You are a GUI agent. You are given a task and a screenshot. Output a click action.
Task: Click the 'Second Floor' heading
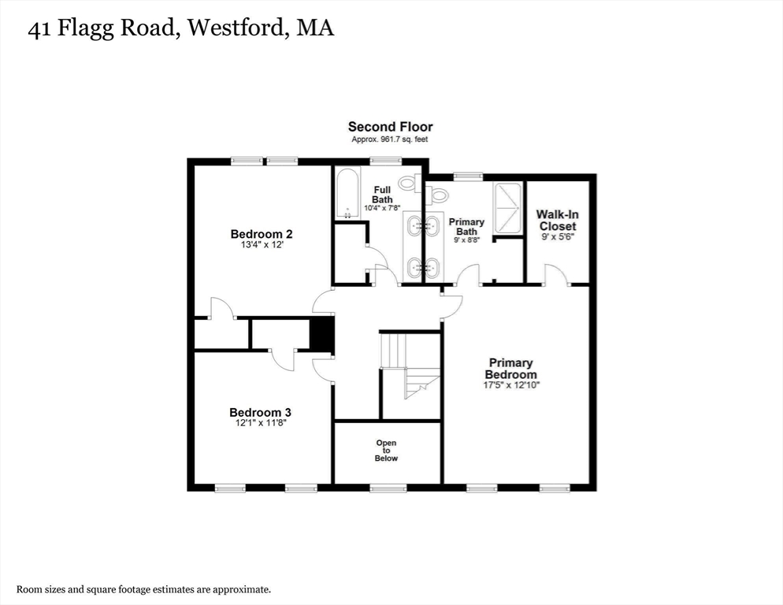(x=390, y=127)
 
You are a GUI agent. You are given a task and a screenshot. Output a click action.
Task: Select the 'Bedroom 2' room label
(x=262, y=234)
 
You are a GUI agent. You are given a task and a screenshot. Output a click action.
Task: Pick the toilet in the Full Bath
(x=408, y=184)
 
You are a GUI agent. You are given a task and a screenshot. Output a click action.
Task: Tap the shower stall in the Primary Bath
(x=508, y=209)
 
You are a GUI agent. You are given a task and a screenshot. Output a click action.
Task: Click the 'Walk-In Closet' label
(x=558, y=220)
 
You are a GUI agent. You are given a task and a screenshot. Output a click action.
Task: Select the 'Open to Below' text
(x=386, y=451)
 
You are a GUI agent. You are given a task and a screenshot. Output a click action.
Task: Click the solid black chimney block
(x=321, y=336)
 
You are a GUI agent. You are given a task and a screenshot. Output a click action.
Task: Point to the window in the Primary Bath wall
(x=468, y=176)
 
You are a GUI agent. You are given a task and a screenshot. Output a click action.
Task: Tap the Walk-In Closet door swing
(x=556, y=274)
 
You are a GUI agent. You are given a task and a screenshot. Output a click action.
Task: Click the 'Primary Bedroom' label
(x=510, y=369)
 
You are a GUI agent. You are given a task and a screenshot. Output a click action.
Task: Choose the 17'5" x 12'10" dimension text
(x=511, y=385)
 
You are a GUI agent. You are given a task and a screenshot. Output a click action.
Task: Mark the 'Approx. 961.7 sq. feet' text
(x=390, y=139)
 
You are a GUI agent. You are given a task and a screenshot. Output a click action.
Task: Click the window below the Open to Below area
(x=386, y=488)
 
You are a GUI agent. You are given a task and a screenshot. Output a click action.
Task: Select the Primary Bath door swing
(x=468, y=275)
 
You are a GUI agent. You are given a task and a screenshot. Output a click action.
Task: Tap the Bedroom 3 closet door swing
(x=283, y=359)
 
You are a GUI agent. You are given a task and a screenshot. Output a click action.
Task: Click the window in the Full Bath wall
(x=384, y=161)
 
